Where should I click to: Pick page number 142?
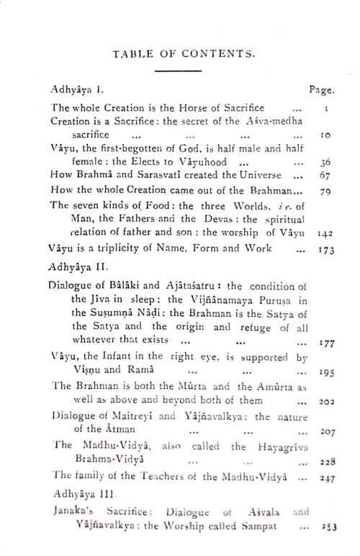pyautogui.click(x=325, y=234)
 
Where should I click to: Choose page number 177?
pyautogui.click(x=327, y=344)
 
